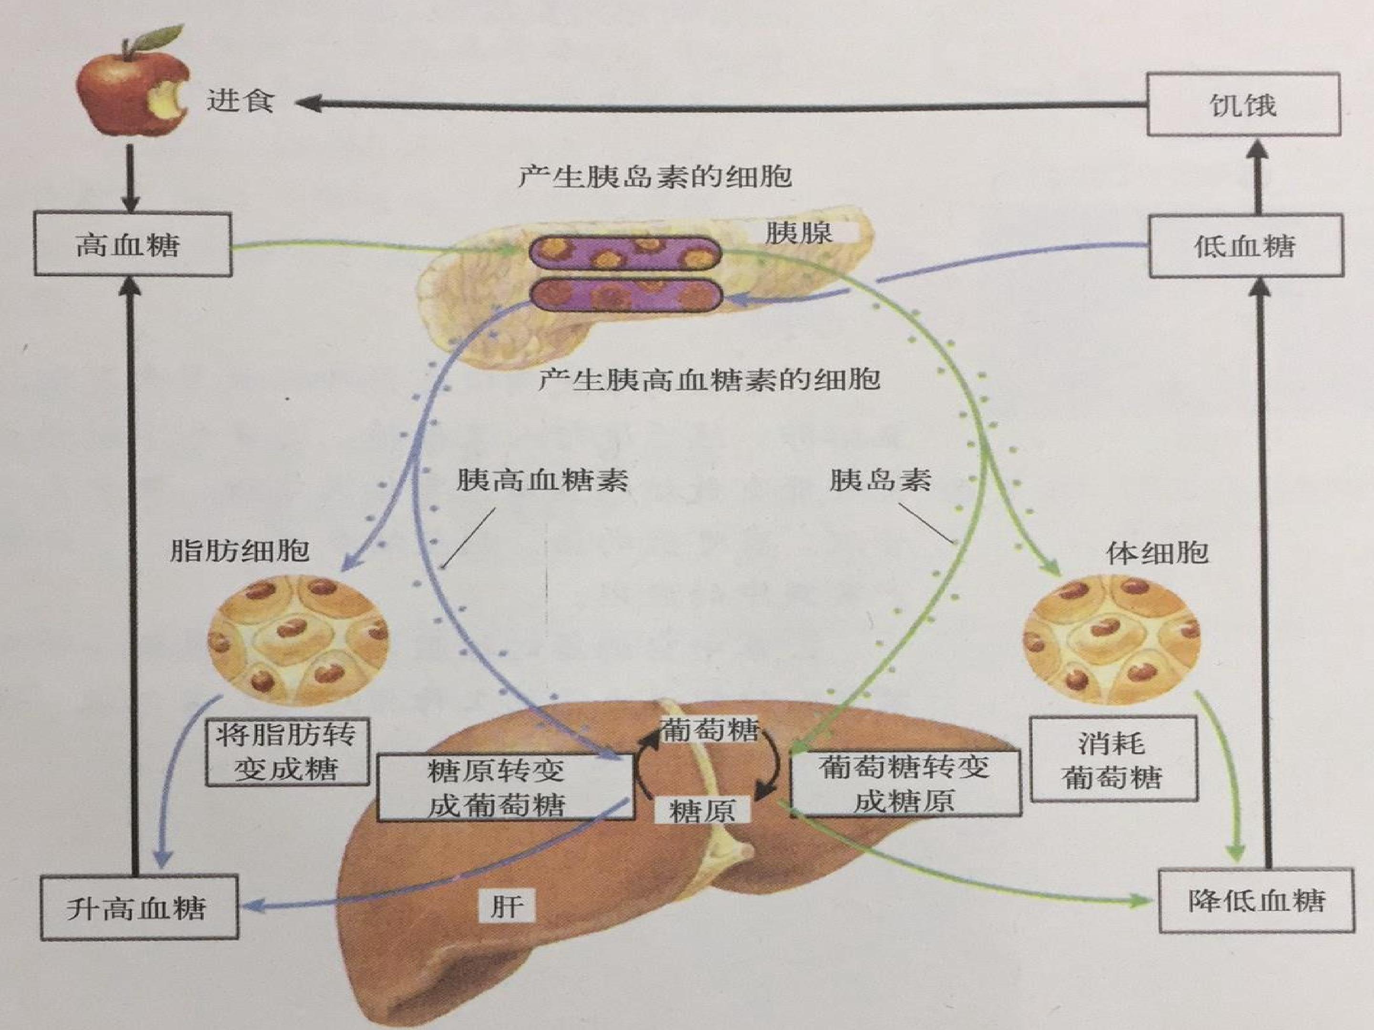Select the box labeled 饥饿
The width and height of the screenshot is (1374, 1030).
coord(1243,104)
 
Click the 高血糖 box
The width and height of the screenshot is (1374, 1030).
coord(133,245)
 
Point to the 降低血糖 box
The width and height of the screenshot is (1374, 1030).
coord(1257,901)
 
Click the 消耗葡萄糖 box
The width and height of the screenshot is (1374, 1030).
coord(1113,759)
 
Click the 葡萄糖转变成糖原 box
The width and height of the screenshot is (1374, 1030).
coord(905,783)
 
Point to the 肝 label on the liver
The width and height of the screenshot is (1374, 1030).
coord(506,906)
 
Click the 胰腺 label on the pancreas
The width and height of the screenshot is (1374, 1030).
coord(799,233)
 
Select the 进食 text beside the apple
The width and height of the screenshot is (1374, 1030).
coord(240,100)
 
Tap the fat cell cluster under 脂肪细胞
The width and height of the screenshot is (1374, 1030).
coord(298,640)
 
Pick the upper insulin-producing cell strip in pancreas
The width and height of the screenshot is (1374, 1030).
coord(625,253)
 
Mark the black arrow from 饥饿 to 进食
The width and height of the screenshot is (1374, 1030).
coord(720,105)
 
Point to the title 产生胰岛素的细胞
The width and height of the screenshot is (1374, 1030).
coord(656,177)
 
